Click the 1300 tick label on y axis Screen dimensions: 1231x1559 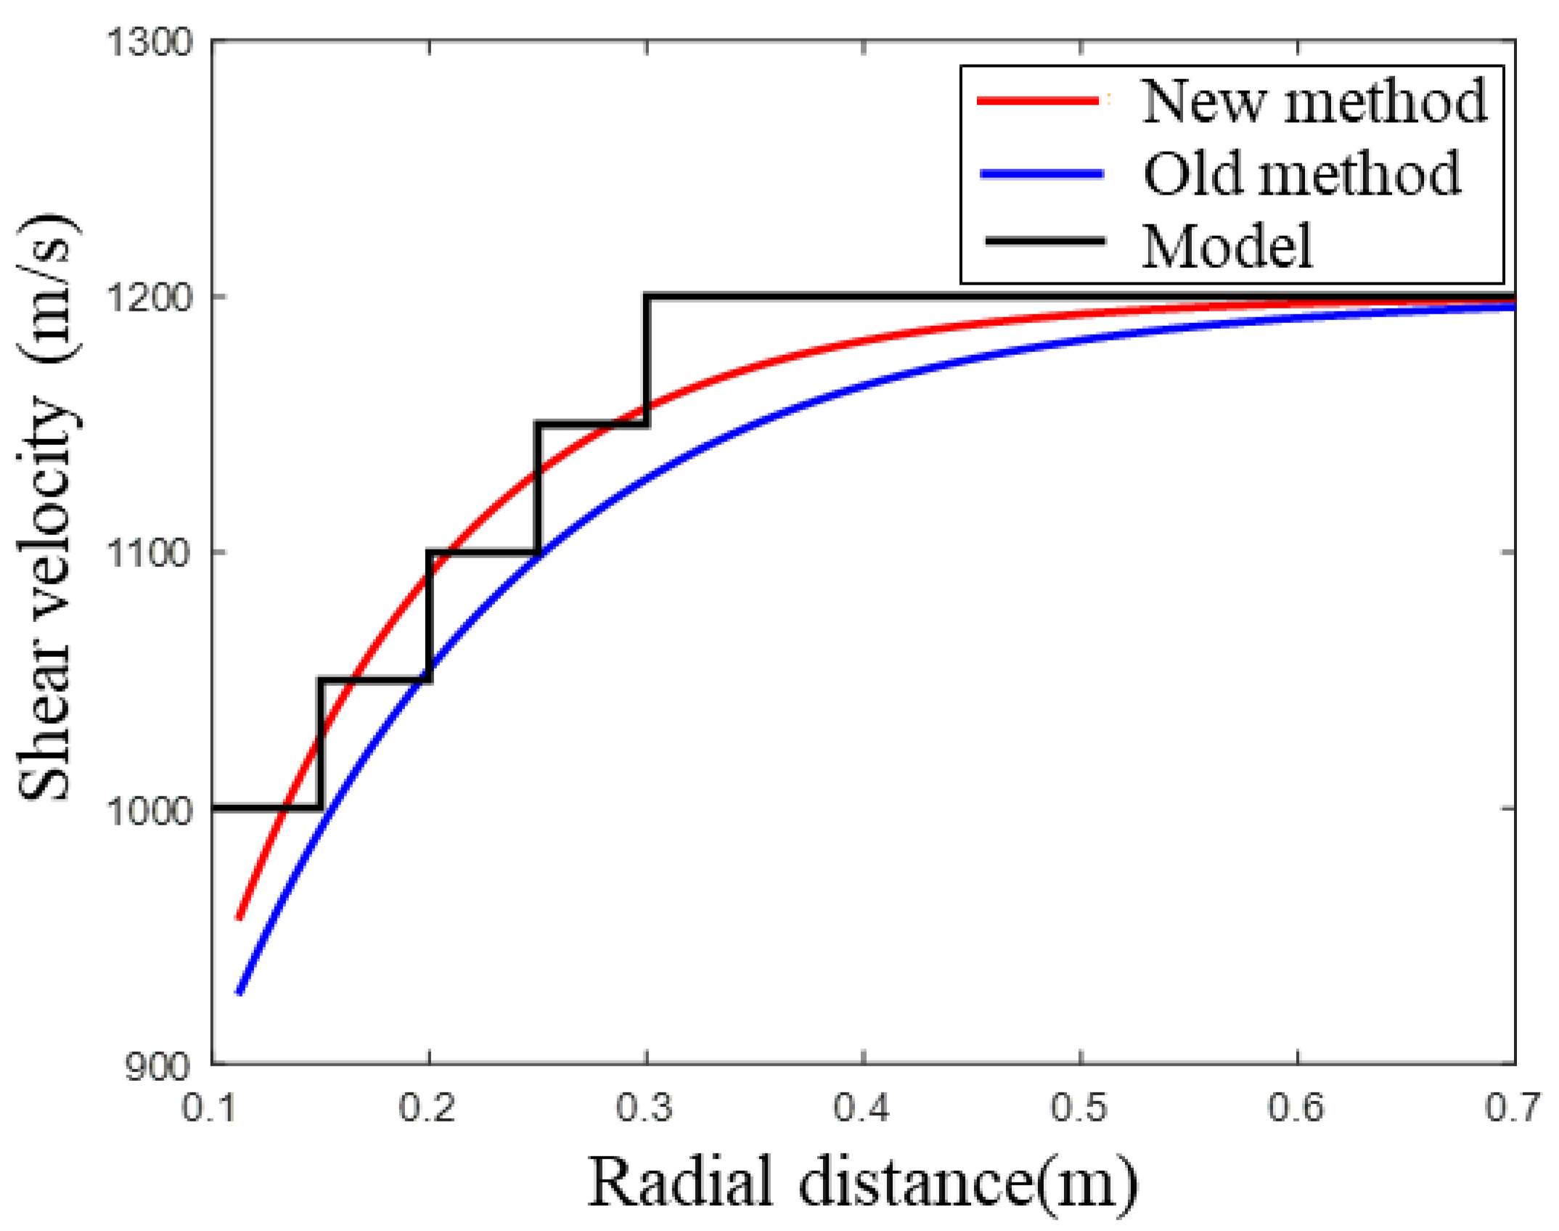pos(149,41)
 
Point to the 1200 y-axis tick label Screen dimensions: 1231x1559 pos(149,297)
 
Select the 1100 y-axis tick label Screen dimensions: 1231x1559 pos(149,552)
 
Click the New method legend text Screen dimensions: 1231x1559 pos(1314,102)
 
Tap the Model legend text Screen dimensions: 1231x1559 pos(1227,247)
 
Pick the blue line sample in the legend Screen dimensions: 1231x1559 pos(1042,173)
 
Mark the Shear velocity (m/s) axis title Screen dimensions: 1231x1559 pos(45,508)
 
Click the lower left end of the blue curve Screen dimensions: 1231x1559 pos(239,992)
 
